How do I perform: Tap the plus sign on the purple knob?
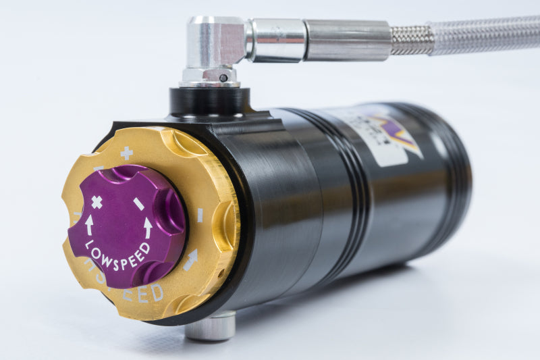pos(97,201)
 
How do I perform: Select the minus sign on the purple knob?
pos(138,203)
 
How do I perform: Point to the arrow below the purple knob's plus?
pos(89,224)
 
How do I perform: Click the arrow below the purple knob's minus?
pos(147,226)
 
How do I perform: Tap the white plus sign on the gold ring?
pos(126,153)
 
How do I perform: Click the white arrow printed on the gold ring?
pos(191,259)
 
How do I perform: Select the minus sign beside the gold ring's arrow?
pos(199,215)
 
